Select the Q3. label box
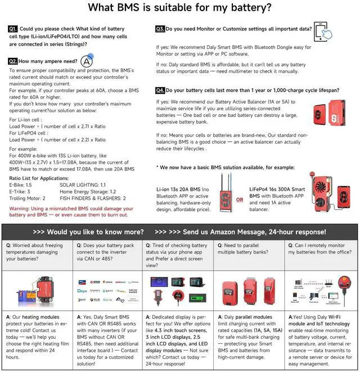pos(160,28)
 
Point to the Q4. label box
pos(160,90)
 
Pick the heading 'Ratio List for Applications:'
pos(38,178)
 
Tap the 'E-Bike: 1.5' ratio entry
pos(20,185)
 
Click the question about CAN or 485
pos(107,253)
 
